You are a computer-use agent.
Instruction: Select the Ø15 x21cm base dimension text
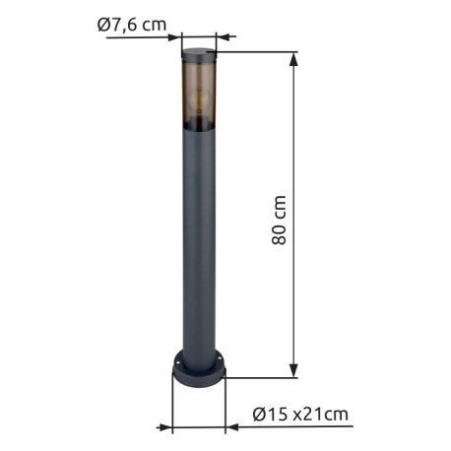(299, 415)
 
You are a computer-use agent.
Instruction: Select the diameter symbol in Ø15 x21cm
(259, 415)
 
